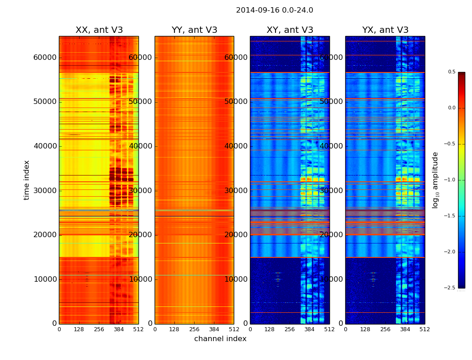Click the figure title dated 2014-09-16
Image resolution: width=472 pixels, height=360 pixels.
tap(274, 10)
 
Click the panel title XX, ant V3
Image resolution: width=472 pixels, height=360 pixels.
tap(99, 30)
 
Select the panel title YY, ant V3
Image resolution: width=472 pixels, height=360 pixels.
tap(194, 30)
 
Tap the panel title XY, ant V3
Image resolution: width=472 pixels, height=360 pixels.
tap(289, 30)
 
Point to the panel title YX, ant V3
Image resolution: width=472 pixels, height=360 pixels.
tap(385, 30)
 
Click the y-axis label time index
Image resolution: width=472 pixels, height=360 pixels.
tap(27, 180)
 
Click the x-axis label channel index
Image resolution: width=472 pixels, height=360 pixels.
tap(220, 339)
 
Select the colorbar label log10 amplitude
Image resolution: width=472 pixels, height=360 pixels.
tap(435, 180)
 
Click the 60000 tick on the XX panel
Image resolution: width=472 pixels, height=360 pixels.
tap(45, 57)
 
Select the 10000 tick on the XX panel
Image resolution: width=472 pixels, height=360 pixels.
tap(45, 279)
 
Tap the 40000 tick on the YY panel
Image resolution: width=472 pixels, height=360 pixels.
tap(141, 146)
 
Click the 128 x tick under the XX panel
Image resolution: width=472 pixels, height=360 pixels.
tap(79, 329)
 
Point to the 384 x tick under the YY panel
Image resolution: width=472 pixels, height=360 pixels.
tap(214, 329)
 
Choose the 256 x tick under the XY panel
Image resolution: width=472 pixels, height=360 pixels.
tap(289, 329)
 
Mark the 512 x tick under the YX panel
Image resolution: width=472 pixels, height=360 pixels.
tap(424, 329)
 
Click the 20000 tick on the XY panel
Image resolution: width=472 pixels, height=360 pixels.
tap(236, 234)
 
